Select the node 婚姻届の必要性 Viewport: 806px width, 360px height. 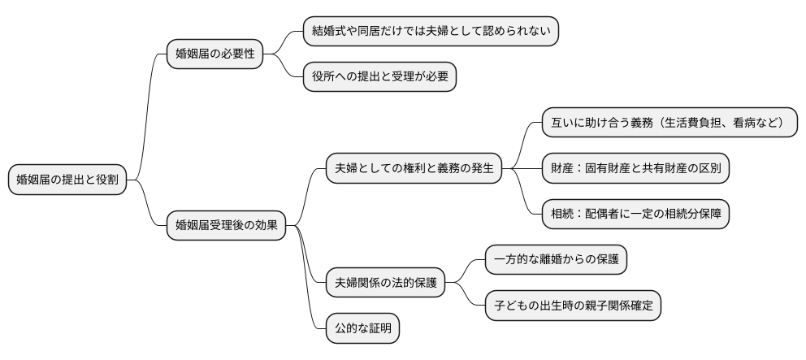214,54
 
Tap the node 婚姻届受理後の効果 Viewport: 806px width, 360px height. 226,226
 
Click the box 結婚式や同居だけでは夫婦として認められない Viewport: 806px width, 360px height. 431,32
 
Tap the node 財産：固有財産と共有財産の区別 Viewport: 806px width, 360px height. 636,169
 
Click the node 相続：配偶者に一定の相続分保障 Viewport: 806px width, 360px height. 636,215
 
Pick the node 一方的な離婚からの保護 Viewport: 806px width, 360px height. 556,260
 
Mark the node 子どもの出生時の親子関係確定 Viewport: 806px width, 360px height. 574,306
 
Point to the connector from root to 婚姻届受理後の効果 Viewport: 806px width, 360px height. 147,207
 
